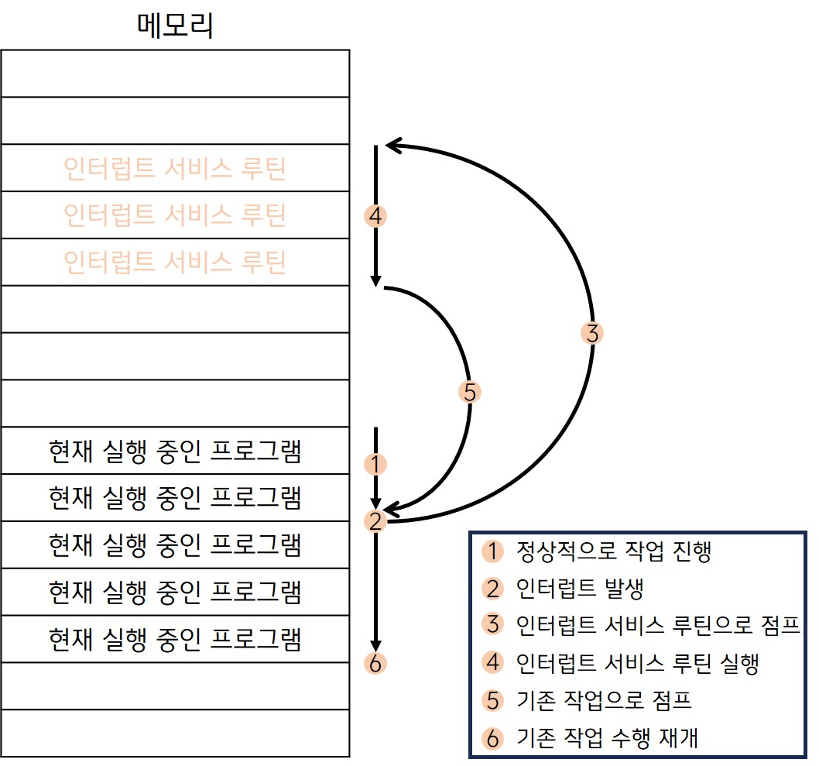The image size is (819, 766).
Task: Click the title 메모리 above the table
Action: [x=175, y=26]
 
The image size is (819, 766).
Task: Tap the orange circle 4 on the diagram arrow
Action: [x=375, y=215]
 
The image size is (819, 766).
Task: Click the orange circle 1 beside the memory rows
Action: [x=375, y=465]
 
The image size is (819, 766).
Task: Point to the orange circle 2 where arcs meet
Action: [x=375, y=521]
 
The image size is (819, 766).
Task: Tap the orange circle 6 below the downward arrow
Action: [x=375, y=664]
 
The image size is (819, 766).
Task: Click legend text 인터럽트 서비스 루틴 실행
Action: [x=636, y=663]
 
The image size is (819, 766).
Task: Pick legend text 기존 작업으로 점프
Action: [x=603, y=700]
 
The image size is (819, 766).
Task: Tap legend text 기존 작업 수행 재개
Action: [x=607, y=737]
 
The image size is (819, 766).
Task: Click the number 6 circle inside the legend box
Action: [x=492, y=738]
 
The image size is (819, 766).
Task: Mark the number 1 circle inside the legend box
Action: [x=492, y=551]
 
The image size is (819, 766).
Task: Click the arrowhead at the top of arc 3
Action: [x=392, y=144]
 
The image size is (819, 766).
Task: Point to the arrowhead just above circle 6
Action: [x=375, y=645]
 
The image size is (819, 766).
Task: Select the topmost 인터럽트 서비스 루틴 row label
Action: [x=175, y=168]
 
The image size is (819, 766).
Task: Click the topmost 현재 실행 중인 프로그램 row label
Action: [x=175, y=451]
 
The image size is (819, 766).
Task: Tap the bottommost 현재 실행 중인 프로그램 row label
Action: [x=175, y=640]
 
